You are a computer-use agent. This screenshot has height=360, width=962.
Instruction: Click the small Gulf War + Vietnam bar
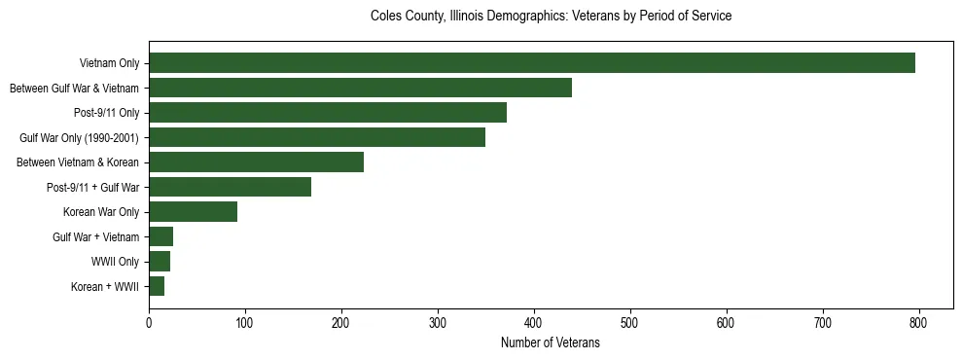tap(160, 236)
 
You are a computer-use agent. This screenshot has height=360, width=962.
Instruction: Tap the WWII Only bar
tap(160, 262)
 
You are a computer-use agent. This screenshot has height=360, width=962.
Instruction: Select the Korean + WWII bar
tap(157, 286)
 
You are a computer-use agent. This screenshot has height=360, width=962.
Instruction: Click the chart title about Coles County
tap(551, 17)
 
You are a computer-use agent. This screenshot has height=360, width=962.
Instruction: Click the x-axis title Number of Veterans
tap(551, 343)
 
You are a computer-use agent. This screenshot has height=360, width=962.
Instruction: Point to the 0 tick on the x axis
tap(149, 324)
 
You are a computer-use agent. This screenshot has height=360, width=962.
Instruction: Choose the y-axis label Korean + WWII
tap(105, 287)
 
